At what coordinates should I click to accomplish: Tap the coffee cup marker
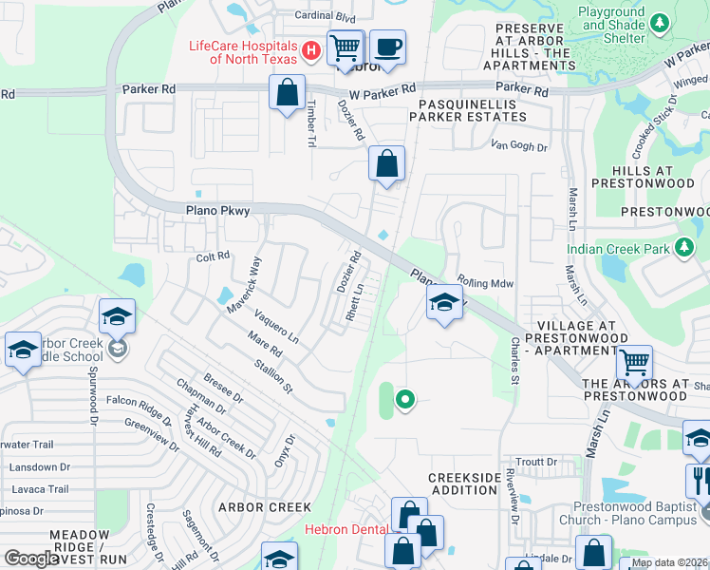click(x=386, y=47)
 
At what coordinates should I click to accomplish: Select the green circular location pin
click(x=405, y=400)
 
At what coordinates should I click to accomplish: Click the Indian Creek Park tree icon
click(x=683, y=249)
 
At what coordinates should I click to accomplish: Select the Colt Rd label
click(x=213, y=256)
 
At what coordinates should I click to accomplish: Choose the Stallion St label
click(x=272, y=374)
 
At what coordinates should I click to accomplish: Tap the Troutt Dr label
click(x=536, y=462)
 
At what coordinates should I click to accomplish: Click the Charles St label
click(x=515, y=360)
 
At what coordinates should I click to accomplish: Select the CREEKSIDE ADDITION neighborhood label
click(x=462, y=484)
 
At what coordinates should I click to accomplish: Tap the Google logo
click(x=31, y=559)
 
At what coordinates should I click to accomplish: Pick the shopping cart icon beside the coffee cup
click(x=346, y=47)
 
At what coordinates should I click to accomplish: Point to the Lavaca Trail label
click(x=41, y=489)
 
